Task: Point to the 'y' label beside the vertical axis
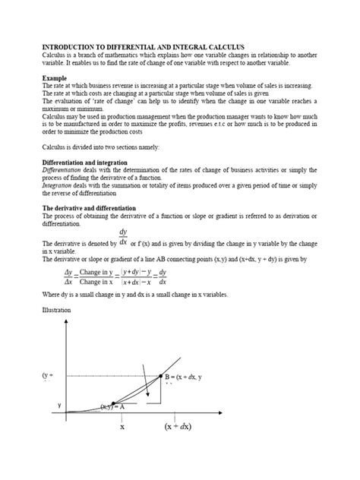(x=58, y=405)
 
